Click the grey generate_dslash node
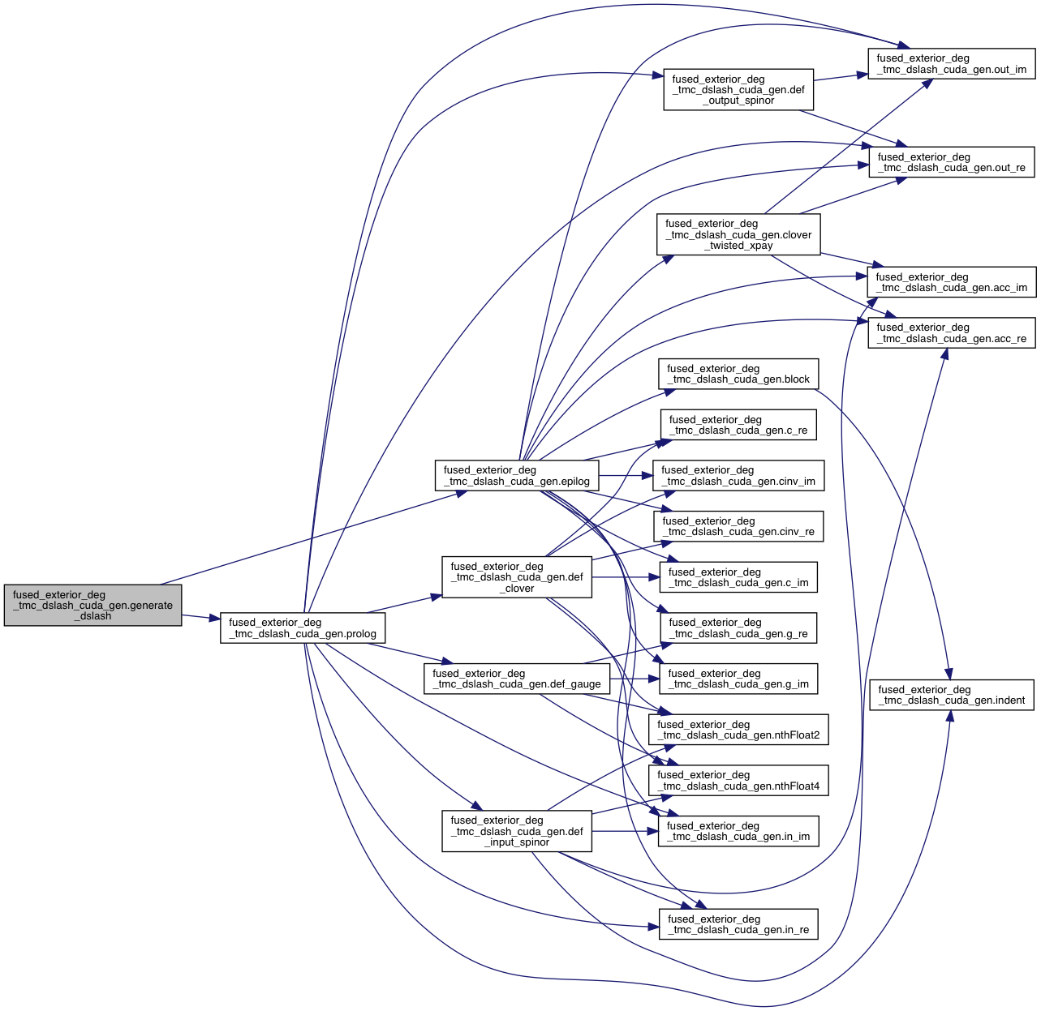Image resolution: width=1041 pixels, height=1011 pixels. coord(92,605)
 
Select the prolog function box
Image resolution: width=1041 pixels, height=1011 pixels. coord(302,628)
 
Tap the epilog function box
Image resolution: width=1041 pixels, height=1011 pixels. coord(517,475)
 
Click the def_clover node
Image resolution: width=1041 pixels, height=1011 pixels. coord(517,577)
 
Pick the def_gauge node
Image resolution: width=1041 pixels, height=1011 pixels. coord(517,679)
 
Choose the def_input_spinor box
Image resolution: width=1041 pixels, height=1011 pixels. coord(517,831)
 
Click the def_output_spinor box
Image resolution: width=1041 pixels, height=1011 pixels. coord(738,90)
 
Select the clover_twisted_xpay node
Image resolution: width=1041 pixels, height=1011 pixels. coord(738,234)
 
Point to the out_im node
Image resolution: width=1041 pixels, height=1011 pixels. coord(951,64)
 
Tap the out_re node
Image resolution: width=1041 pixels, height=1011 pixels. coord(951,162)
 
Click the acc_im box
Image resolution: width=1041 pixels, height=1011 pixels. coord(951,282)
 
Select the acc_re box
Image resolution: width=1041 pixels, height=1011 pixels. coord(951,333)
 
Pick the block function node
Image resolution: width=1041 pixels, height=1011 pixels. coord(738,374)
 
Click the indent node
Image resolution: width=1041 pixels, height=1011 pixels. coord(951,695)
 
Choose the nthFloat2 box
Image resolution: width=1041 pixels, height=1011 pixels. coord(738,730)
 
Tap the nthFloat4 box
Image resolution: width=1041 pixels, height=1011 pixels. coord(738,780)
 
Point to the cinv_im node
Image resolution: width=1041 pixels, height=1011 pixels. coord(738,475)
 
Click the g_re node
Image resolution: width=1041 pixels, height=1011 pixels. coord(738,628)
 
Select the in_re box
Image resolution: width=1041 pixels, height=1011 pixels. coord(738,924)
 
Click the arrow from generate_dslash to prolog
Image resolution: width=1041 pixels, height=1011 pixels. coord(200,618)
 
